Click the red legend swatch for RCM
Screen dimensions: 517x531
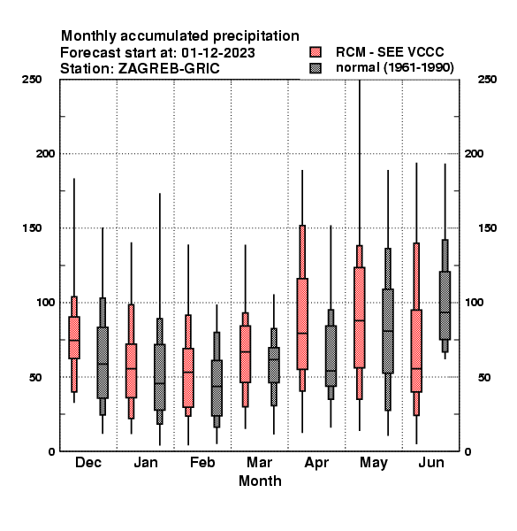click(316, 52)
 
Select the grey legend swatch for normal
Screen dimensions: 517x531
click(316, 68)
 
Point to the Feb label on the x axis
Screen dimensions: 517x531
click(202, 462)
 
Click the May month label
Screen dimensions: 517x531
click(374, 463)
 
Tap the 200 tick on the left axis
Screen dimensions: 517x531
click(45, 154)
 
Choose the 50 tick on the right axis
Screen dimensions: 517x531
click(484, 377)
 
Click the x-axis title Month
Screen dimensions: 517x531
click(260, 481)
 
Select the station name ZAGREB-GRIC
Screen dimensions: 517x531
click(169, 68)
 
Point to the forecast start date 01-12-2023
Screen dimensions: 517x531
click(218, 52)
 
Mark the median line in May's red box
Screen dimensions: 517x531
click(360, 320)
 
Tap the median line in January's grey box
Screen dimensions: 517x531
click(160, 383)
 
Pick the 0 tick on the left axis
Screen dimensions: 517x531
click(51, 451)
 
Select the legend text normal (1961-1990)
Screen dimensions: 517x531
click(394, 68)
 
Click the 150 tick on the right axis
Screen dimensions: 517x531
click(487, 228)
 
